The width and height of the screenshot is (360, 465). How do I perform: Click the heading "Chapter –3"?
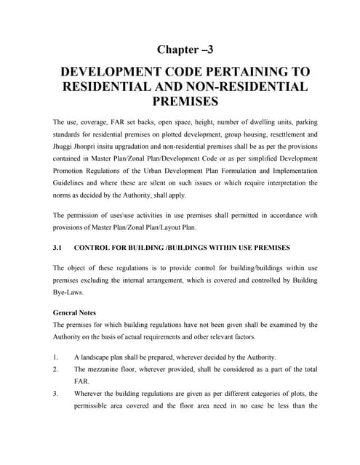pyautogui.click(x=185, y=49)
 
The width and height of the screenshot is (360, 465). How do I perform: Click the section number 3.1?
pyautogui.click(x=58, y=248)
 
